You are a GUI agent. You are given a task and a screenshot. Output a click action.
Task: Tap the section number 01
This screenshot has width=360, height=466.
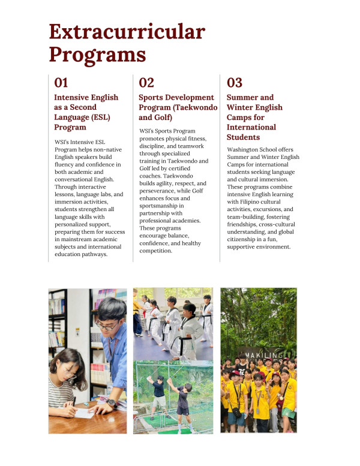61,83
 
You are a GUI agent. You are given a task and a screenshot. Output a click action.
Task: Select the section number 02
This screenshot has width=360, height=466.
146,83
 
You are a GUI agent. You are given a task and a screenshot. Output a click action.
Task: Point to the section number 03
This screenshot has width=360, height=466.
235,83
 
